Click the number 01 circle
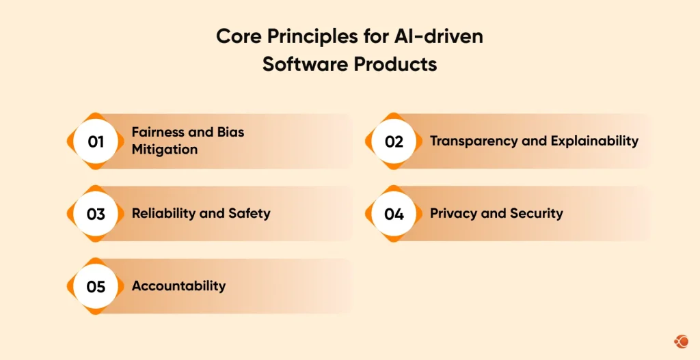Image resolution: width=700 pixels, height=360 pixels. coord(96,141)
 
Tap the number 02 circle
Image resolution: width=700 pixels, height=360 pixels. coord(394,141)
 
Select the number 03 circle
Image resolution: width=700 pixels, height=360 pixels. coord(96,214)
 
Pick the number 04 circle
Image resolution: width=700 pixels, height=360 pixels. coord(394,214)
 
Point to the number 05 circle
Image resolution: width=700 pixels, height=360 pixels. coord(96,286)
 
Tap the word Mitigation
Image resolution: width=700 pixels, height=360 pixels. coord(165,149)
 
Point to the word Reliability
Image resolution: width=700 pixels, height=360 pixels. coord(162,213)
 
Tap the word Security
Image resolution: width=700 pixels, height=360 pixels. coord(536,213)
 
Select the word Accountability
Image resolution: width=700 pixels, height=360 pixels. coord(178,286)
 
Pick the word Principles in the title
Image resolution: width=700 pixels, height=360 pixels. coord(312,37)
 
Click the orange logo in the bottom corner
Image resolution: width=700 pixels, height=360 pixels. coord(680,340)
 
